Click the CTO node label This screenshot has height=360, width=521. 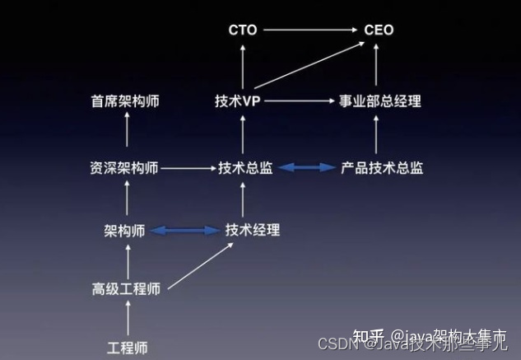click(x=243, y=30)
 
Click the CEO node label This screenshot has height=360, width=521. click(x=379, y=30)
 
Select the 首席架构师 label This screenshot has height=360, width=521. click(x=125, y=101)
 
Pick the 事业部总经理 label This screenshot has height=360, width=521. click(x=380, y=101)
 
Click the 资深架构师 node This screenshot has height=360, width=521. click(x=125, y=168)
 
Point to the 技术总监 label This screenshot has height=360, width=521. click(x=245, y=168)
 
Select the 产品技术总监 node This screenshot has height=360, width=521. click(x=382, y=168)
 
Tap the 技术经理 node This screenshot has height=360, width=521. click(x=253, y=231)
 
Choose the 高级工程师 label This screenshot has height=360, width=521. click(x=126, y=288)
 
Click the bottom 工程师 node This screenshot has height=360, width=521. click(x=128, y=346)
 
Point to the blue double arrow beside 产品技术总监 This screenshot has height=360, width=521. click(x=306, y=168)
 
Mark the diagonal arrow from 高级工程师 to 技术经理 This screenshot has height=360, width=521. click(x=198, y=262)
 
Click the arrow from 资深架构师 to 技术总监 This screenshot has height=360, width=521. click(x=187, y=168)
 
